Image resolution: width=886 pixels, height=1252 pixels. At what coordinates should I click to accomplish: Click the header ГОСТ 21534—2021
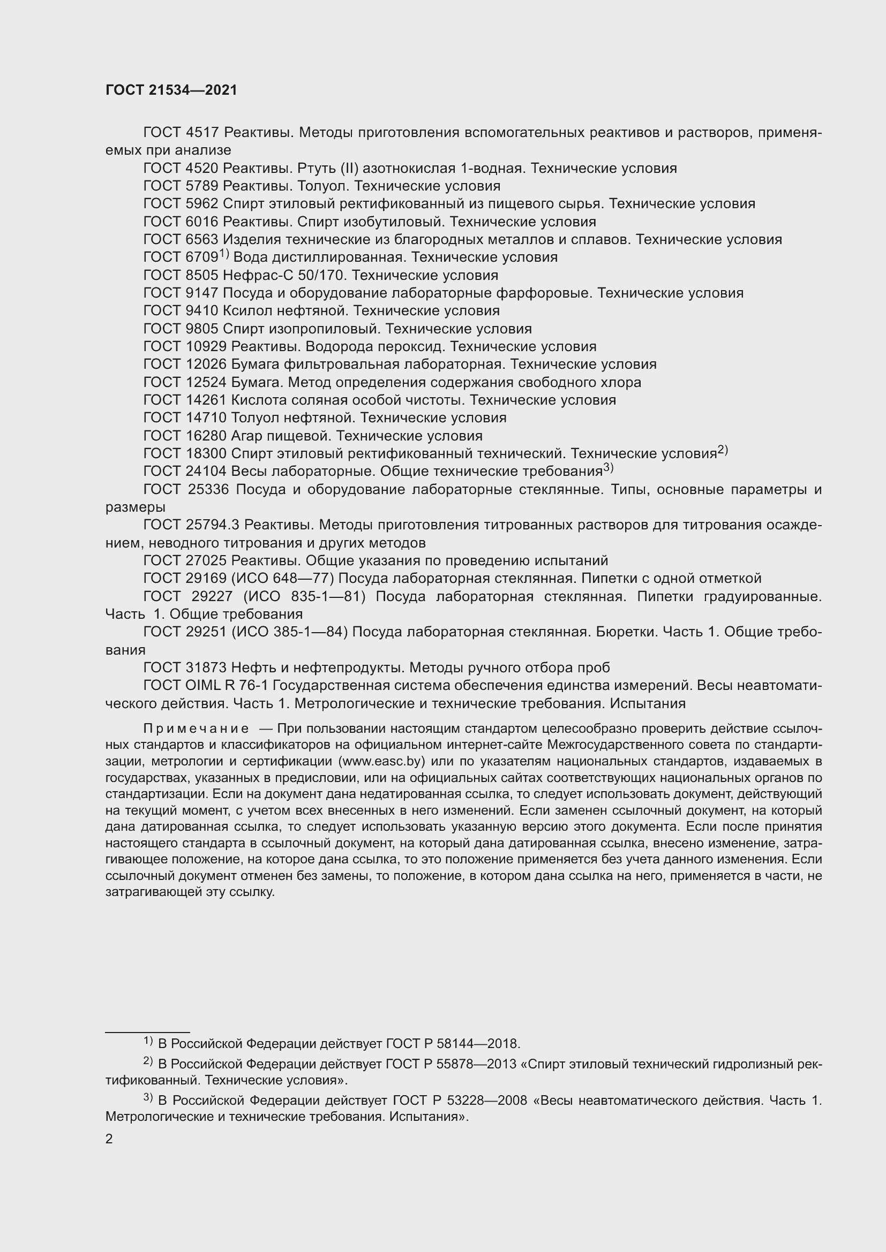click(171, 90)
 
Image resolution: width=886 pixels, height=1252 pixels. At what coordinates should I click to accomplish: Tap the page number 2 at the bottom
click(109, 1139)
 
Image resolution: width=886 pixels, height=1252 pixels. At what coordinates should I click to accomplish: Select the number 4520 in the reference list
click(202, 169)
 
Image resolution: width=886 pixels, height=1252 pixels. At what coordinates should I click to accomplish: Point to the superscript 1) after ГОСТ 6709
click(224, 254)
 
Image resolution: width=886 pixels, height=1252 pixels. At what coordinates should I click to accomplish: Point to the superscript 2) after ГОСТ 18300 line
click(722, 450)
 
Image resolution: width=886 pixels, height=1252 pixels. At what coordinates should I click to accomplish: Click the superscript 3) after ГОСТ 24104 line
click(609, 468)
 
